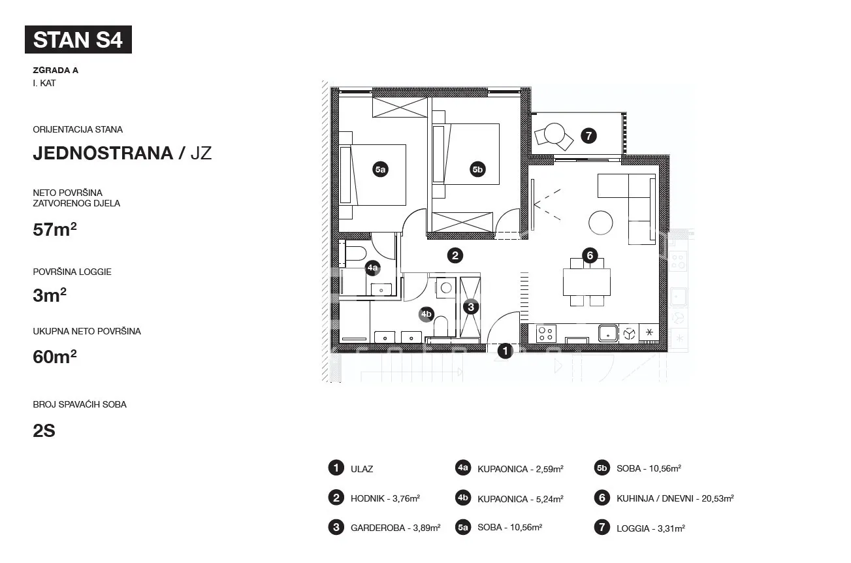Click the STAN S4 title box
(x=78, y=39)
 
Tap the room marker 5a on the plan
(x=380, y=169)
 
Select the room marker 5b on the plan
(x=477, y=169)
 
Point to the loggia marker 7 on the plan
(x=589, y=136)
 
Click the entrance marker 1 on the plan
(x=506, y=351)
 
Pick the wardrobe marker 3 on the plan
(x=471, y=307)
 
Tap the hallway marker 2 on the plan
(x=455, y=255)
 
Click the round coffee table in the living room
(x=601, y=223)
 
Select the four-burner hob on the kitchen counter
(x=546, y=334)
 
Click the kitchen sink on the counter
(x=608, y=334)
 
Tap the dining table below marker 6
(x=586, y=282)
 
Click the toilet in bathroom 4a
(x=356, y=253)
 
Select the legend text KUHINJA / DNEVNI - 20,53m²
(x=675, y=498)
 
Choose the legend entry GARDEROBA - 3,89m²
(x=396, y=528)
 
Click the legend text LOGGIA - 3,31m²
(x=650, y=528)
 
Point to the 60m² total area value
(x=55, y=357)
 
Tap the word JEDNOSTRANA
(x=103, y=153)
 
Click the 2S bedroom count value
(x=44, y=431)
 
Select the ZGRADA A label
(x=56, y=71)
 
